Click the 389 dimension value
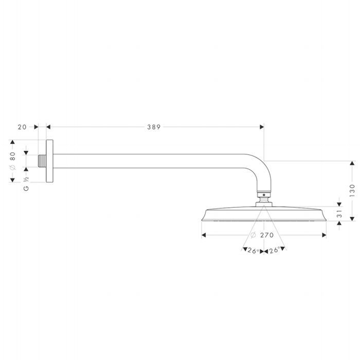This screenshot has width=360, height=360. (154, 127)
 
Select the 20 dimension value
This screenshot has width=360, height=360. (22, 127)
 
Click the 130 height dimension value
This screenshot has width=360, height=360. (352, 190)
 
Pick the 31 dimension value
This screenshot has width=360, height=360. (339, 213)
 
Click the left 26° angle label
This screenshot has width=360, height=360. (253, 251)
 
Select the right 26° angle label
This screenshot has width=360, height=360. (275, 250)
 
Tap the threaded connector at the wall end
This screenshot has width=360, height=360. (42, 161)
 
